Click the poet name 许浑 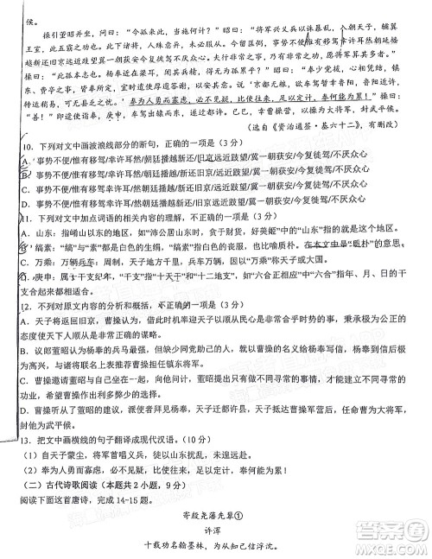[216, 525]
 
